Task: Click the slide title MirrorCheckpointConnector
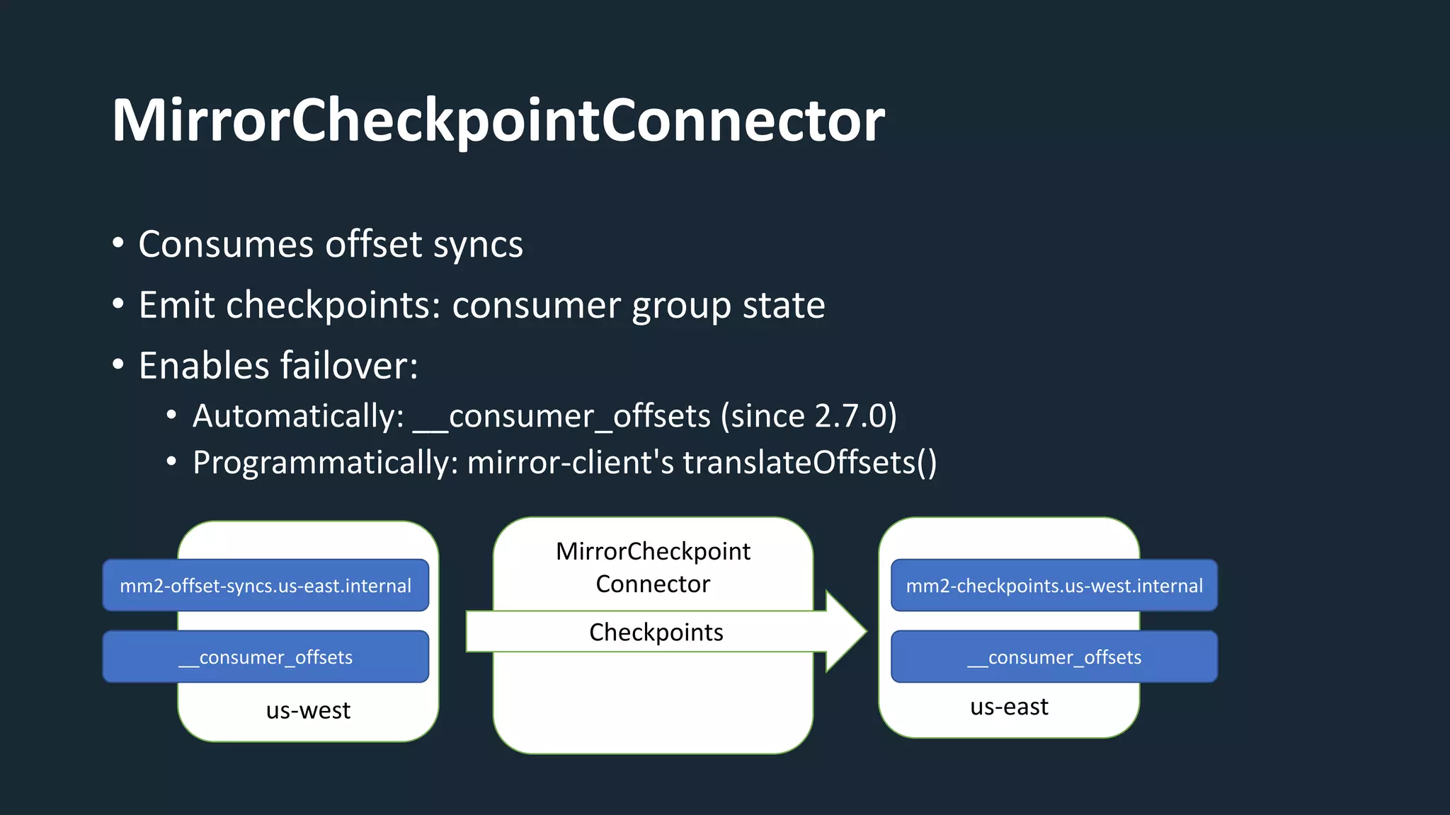pyautogui.click(x=498, y=121)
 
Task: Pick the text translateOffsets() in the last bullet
pyautogui.click(x=809, y=463)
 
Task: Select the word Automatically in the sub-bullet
pyautogui.click(x=298, y=416)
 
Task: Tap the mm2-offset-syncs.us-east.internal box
pyautogui.click(x=266, y=586)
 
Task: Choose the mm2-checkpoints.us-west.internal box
pyautogui.click(x=1054, y=586)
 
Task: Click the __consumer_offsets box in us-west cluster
pyautogui.click(x=266, y=657)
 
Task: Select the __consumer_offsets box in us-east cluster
pyautogui.click(x=1054, y=657)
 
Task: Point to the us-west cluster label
pyautogui.click(x=308, y=710)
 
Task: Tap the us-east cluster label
pyautogui.click(x=1009, y=707)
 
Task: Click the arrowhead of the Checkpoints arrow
pyautogui.click(x=846, y=631)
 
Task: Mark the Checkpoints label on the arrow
pyautogui.click(x=656, y=632)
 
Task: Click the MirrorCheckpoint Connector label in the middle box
pyautogui.click(x=653, y=567)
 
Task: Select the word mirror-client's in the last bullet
pyautogui.click(x=571, y=463)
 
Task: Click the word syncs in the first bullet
pyautogui.click(x=478, y=245)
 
